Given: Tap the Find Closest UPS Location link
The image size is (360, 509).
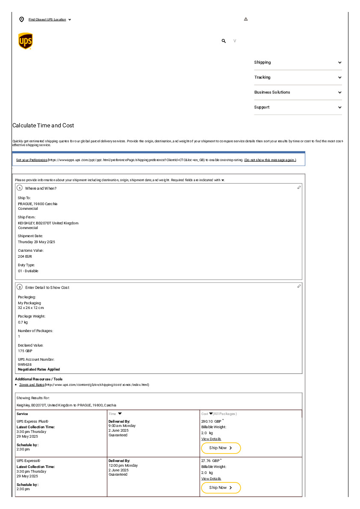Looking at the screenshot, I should [x=47, y=20].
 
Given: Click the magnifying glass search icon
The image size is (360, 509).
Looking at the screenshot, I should [x=224, y=41].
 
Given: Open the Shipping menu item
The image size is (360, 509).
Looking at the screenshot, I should [x=263, y=62].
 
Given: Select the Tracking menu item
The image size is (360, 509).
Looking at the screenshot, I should [x=262, y=77].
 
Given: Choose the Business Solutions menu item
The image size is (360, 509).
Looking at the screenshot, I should [x=272, y=92].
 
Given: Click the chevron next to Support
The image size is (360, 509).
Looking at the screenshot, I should [x=339, y=107].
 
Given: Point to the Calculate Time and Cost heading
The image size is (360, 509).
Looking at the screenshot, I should [x=43, y=126].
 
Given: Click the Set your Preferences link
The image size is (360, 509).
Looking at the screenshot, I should [x=32, y=160].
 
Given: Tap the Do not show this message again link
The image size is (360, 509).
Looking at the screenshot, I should [x=270, y=160].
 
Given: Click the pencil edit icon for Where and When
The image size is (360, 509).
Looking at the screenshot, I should [x=299, y=188].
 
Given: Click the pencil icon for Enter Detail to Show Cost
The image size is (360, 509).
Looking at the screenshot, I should [x=299, y=286].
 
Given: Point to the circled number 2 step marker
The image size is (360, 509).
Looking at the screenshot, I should [x=20, y=287].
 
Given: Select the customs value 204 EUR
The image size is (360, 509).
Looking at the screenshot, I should [x=25, y=256].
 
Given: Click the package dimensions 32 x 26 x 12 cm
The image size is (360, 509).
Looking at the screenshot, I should [x=31, y=308].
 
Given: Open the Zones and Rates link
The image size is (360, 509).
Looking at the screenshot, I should [x=32, y=385].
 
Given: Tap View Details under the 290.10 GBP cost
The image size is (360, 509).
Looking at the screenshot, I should [x=211, y=439].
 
